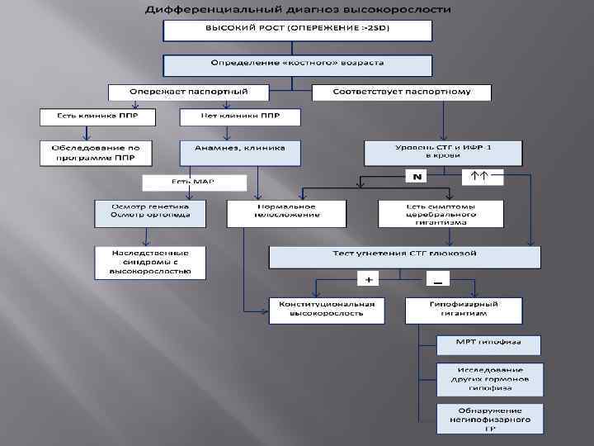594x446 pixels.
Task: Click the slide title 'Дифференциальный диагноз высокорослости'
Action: coord(298,10)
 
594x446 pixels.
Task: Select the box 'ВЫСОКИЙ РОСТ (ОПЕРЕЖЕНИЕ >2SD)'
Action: coord(297,31)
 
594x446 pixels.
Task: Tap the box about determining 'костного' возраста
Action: coord(297,65)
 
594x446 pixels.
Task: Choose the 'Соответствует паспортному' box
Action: coord(402,92)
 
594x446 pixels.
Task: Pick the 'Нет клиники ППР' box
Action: coord(240,117)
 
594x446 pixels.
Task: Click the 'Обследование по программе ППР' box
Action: coord(96,152)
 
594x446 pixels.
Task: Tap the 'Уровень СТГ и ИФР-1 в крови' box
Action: coord(444,151)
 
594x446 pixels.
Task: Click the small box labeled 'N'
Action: coord(417,177)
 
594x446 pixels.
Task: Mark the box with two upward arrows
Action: coord(479,177)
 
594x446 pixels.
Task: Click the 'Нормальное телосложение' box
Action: coord(275,212)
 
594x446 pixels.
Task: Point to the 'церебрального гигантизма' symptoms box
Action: coord(441,213)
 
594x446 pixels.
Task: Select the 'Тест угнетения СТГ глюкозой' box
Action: coord(404,256)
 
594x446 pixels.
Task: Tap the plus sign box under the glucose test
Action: coord(369,280)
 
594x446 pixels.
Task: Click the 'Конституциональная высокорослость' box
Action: coord(327,309)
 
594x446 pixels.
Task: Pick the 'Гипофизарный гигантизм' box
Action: coord(464,309)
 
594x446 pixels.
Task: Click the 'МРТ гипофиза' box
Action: coord(488,343)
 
